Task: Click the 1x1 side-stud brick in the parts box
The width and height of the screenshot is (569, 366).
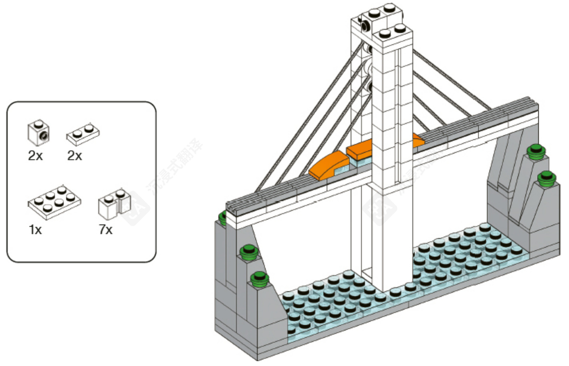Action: coord(38,133)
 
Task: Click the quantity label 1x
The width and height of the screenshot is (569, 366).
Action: coord(35,230)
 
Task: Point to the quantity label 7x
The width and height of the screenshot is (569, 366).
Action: coord(106,229)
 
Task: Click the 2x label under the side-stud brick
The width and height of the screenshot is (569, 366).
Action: coord(35,156)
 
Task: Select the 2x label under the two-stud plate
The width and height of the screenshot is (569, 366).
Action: coord(75,156)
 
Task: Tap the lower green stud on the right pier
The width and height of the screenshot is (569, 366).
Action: coord(546,178)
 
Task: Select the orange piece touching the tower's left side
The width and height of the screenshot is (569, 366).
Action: coord(359,149)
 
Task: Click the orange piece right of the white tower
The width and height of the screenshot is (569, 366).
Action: coord(418,140)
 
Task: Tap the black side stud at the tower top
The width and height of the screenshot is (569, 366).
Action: coord(365,27)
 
